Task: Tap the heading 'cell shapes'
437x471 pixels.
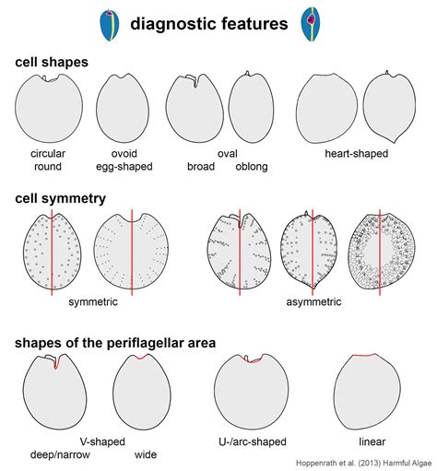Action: tap(52, 62)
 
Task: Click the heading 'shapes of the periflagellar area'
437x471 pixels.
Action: tap(115, 343)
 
